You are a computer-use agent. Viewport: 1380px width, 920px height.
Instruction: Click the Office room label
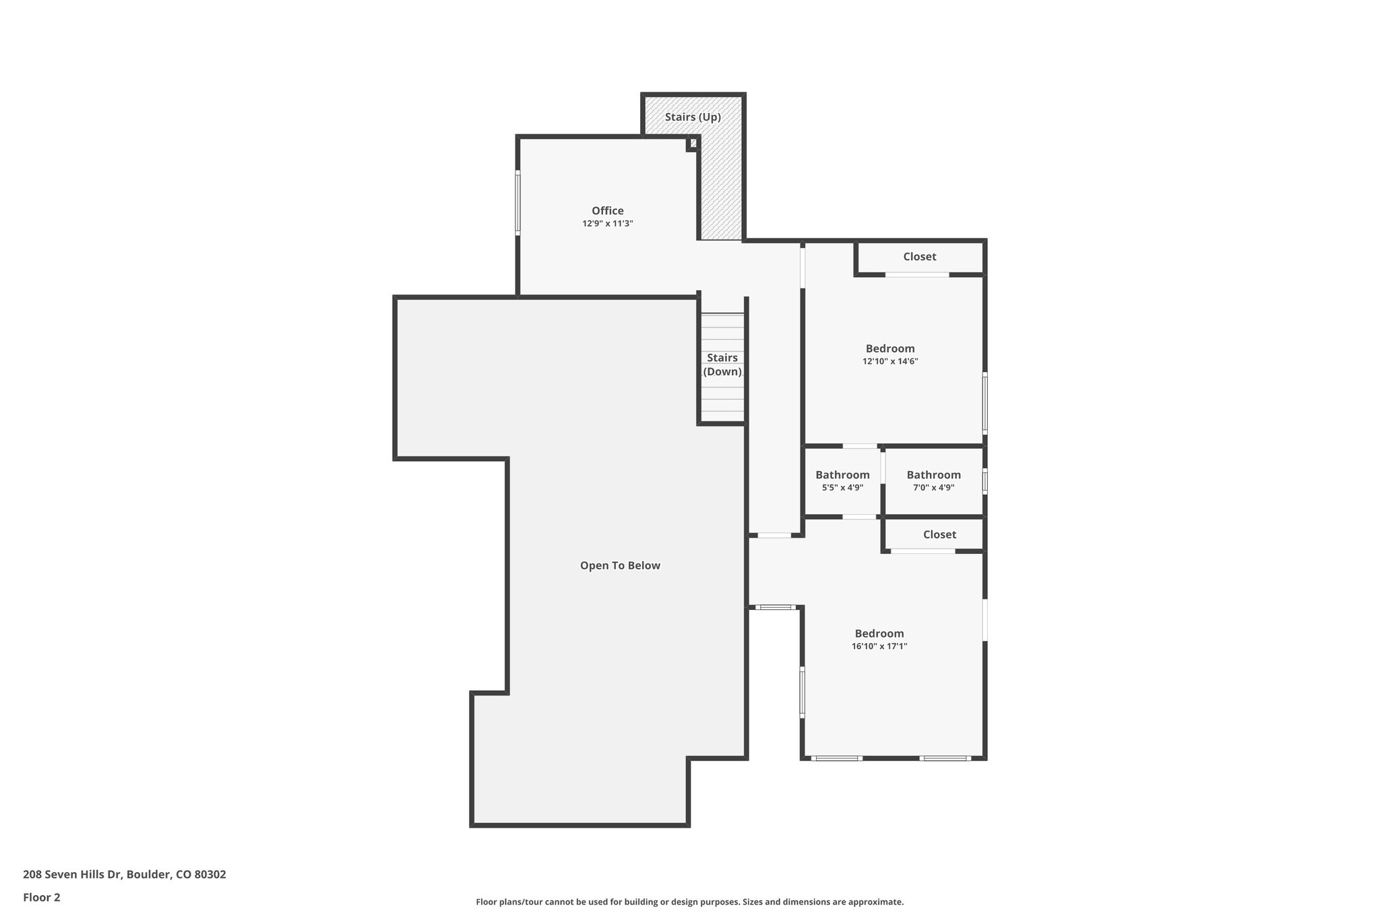point(608,211)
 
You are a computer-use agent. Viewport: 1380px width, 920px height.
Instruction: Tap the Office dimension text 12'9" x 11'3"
point(608,224)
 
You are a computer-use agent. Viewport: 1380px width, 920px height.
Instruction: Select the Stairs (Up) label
point(693,117)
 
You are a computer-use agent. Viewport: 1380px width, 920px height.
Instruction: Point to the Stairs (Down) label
point(722,365)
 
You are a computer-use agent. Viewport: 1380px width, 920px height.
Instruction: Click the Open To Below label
point(620,565)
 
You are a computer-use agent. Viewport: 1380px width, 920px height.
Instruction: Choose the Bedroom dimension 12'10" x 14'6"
point(890,361)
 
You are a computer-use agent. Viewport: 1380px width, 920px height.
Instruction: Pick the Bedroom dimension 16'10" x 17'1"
point(879,646)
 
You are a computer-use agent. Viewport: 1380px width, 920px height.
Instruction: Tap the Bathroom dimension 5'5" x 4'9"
point(842,488)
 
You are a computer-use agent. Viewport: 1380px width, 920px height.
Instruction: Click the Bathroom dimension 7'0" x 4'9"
point(933,488)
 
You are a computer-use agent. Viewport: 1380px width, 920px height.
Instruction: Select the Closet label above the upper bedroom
point(919,257)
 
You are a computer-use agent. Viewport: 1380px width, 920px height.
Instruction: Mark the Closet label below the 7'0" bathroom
point(939,534)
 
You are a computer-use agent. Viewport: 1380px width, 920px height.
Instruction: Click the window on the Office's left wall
point(518,202)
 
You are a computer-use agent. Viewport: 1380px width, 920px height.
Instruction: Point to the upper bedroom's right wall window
point(984,402)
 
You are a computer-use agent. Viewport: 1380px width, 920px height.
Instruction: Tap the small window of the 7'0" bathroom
point(984,481)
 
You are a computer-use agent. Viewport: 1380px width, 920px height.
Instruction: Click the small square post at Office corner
point(693,144)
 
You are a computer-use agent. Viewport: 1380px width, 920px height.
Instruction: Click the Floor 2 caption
point(42,897)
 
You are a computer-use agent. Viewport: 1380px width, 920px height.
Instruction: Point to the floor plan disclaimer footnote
point(689,902)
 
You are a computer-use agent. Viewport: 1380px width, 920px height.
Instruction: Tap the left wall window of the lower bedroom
point(803,692)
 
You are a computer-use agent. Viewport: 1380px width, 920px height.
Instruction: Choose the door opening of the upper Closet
point(917,274)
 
